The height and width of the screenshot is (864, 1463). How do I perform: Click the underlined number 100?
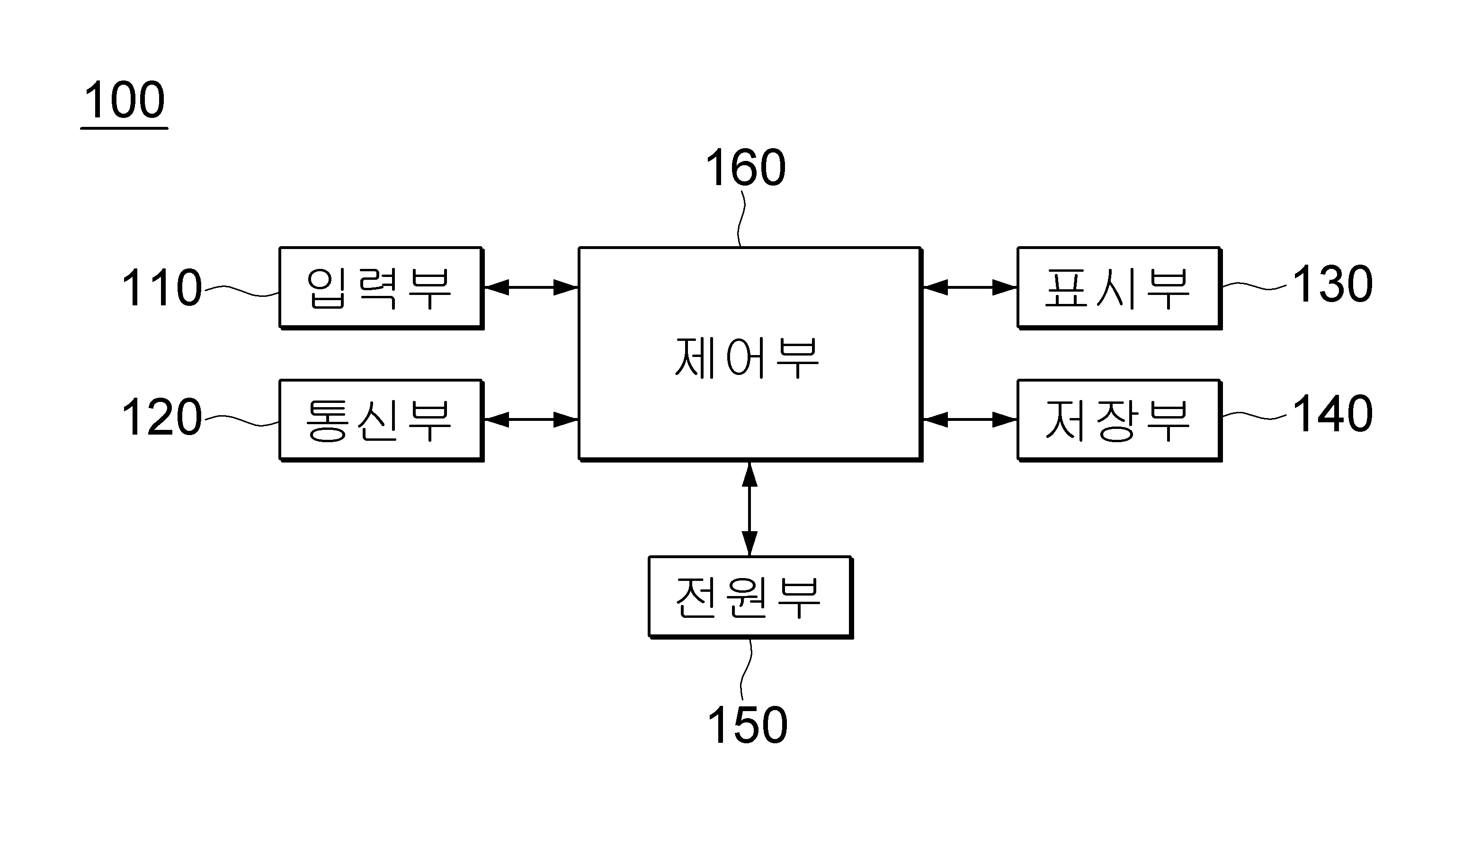(124, 101)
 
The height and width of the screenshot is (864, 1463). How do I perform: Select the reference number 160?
(745, 168)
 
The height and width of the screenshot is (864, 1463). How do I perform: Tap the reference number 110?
(161, 288)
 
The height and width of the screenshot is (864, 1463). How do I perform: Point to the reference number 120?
(161, 418)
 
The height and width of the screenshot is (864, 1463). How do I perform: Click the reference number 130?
(1332, 285)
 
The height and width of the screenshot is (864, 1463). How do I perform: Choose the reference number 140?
(1332, 414)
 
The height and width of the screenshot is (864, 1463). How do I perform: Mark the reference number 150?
(747, 725)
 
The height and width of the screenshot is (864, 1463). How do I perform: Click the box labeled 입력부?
(380, 288)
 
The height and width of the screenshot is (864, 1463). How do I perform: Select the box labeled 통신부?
(380, 420)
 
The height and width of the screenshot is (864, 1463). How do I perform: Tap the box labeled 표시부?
(1118, 288)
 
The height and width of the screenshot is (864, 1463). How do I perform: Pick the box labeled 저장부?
(1118, 420)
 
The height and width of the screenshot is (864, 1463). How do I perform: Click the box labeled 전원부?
(750, 597)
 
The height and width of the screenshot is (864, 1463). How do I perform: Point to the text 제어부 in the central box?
(747, 358)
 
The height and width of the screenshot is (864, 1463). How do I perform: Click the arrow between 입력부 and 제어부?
(530, 288)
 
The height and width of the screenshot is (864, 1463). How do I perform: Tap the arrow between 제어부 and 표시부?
(969, 288)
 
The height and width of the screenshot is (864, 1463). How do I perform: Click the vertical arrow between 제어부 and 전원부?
(749, 509)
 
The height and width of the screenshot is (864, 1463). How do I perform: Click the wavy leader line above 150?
(746, 669)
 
